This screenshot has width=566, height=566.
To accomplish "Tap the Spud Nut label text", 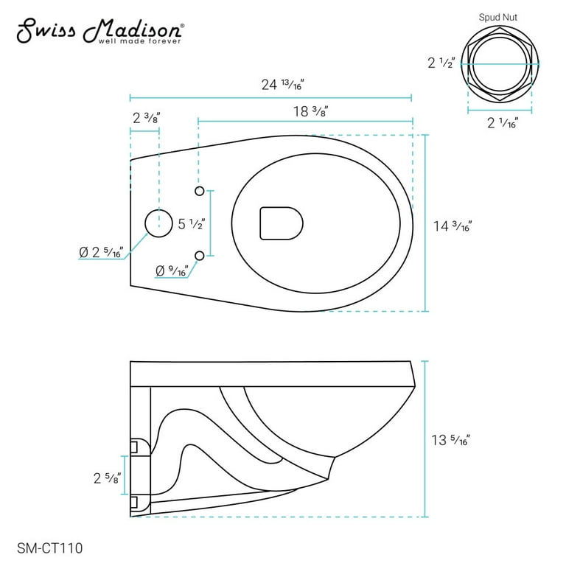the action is pyautogui.click(x=497, y=18).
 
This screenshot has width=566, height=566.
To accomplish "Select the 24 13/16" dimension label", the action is pyautogui.click(x=283, y=85).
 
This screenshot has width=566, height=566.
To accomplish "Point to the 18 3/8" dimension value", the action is pyautogui.click(x=310, y=111).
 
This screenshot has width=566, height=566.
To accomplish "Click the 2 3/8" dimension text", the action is pyautogui.click(x=146, y=118).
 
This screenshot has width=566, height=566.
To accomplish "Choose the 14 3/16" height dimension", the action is pyautogui.click(x=453, y=226).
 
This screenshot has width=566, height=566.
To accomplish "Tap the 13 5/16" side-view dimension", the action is pyautogui.click(x=450, y=440).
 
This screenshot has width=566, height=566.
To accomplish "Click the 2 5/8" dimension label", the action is pyautogui.click(x=107, y=478).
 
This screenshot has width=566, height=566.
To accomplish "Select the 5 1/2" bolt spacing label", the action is pyautogui.click(x=192, y=224).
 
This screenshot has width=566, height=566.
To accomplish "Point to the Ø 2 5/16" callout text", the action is pyautogui.click(x=101, y=252).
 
